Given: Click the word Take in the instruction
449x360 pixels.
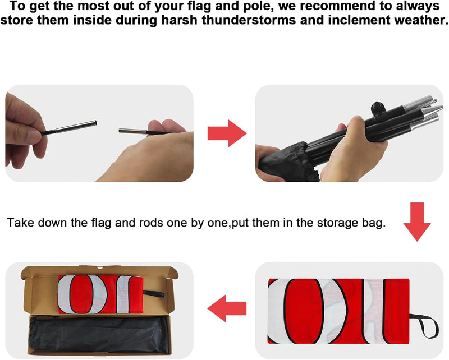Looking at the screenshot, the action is [20, 223].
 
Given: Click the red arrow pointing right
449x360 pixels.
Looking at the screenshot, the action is [227, 133].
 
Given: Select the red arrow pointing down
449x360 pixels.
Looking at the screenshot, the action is [417, 221].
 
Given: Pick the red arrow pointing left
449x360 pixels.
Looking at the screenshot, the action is [227, 308].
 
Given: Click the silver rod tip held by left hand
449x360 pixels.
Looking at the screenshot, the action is [76, 126].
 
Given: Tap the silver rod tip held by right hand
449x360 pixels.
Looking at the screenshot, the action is [133, 131].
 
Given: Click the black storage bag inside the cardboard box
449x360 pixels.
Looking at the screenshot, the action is [99, 334].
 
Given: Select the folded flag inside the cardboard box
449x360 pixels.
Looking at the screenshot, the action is [100, 294].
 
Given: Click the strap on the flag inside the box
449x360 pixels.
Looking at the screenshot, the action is [154, 294].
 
